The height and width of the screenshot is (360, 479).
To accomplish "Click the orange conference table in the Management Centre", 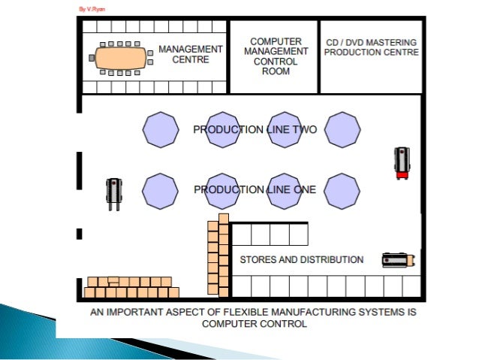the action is click(120, 56).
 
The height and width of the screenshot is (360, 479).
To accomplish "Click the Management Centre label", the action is click(191, 54).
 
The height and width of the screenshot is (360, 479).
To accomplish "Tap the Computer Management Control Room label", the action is click(276, 56).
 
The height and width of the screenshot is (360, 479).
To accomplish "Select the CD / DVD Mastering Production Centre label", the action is click(372, 47).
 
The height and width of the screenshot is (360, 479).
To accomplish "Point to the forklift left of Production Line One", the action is click(113, 192).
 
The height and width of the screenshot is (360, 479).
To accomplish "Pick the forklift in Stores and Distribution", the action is click(398, 260).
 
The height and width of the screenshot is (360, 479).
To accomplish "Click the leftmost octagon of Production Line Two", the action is click(161, 130).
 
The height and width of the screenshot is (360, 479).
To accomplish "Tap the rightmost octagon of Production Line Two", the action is click(344, 130).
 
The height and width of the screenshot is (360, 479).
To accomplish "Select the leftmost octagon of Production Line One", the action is click(161, 191).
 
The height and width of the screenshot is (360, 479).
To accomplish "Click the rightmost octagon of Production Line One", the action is click(344, 191).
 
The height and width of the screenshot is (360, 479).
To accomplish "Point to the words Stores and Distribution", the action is click(301, 260).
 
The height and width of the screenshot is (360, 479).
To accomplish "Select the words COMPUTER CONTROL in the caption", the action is click(254, 325).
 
